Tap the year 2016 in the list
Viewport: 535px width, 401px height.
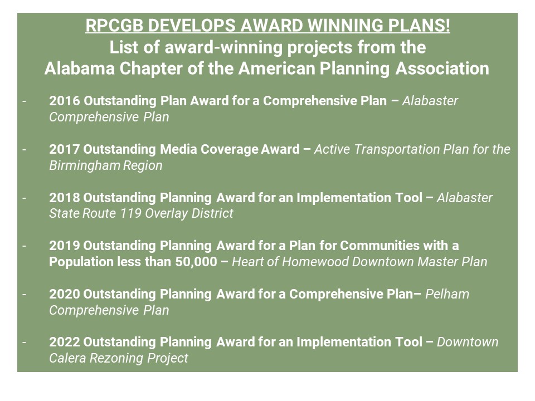tap(65, 101)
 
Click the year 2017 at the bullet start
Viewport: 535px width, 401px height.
tap(64, 149)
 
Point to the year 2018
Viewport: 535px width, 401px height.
tap(64, 198)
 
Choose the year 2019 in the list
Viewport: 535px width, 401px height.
tap(64, 246)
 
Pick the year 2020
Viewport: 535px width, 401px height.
tap(64, 294)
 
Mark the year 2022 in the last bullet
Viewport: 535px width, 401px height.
tap(64, 342)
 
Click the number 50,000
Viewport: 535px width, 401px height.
tap(196, 262)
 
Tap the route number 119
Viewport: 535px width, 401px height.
tap(130, 213)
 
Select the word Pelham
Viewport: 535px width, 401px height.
tap(447, 294)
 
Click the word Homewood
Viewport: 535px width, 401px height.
tap(315, 262)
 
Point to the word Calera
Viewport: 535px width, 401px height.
tap(67, 358)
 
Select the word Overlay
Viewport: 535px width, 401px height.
tap(167, 213)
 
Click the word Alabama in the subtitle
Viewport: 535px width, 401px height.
tap(80, 69)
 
